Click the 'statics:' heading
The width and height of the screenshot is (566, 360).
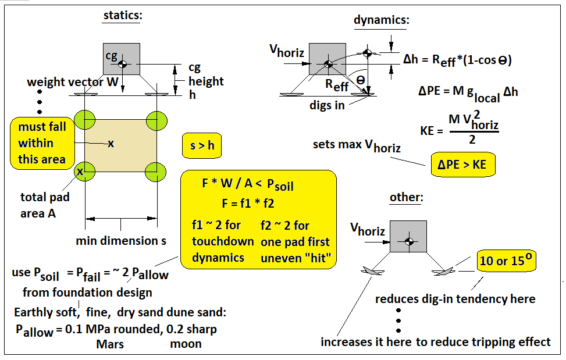coord(123,15)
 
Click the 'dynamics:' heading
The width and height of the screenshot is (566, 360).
coord(382,19)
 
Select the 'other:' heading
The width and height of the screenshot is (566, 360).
coord(407,197)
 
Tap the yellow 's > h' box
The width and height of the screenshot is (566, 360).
coord(202,145)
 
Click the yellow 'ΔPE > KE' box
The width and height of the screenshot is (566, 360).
coord(463,165)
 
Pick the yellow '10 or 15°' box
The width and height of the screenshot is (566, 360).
coord(507,260)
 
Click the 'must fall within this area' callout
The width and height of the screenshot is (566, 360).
coord(42,143)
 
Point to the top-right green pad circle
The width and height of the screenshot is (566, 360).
coord(156,120)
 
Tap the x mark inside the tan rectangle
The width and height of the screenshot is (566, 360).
coord(111,144)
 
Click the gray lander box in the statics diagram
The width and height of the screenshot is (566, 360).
coord(122,59)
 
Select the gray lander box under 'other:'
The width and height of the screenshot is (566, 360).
coord(408,236)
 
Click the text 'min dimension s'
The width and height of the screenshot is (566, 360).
coord(121,241)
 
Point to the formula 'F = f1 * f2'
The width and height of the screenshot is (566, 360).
coord(248,204)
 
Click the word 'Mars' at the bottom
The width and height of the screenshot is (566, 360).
coord(110,344)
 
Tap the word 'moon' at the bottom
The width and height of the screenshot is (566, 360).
coord(186,344)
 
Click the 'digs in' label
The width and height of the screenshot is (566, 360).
coord(327,105)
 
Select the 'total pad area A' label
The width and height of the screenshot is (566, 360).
coord(45,205)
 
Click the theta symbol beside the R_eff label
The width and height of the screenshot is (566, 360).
coord(361,80)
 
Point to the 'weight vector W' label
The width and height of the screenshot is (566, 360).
coord(73,82)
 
